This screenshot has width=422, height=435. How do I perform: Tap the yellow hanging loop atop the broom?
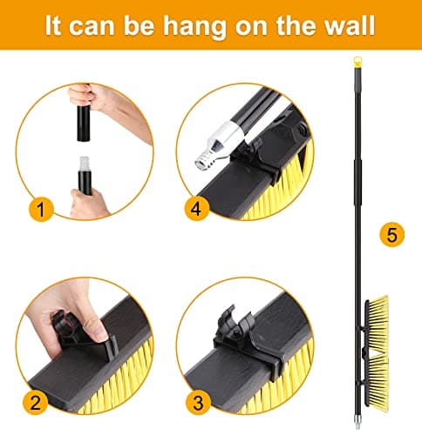tap(358, 62)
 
